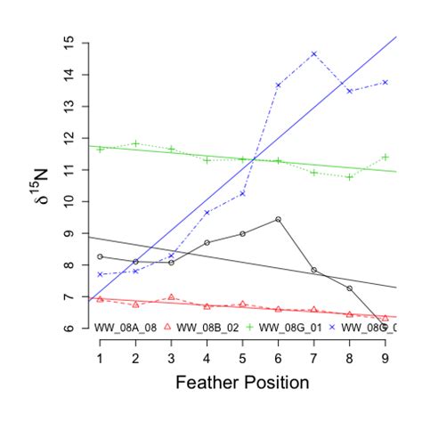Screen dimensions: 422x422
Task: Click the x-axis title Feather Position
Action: [242, 384]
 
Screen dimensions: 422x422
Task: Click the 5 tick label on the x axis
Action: [242, 357]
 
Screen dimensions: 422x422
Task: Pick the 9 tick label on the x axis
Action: [385, 357]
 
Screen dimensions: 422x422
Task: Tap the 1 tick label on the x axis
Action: [100, 357]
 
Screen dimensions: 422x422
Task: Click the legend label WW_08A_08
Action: [126, 328]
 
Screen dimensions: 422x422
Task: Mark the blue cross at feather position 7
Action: [314, 54]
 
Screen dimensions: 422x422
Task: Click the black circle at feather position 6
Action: [279, 219]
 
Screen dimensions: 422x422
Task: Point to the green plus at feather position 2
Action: [135, 143]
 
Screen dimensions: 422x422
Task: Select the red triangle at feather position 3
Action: [171, 297]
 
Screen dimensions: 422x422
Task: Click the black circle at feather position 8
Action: [350, 288]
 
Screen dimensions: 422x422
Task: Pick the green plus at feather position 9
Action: [385, 157]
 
